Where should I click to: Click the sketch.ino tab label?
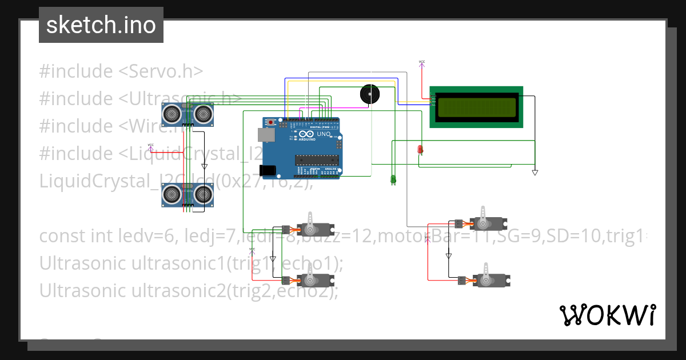coord(101,25)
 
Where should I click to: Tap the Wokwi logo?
coord(607,315)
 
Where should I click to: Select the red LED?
coord(420,150)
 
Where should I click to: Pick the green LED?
coord(393,179)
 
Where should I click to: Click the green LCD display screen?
coord(476,107)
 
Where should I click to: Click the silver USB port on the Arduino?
coord(265,134)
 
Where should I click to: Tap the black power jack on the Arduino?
coord(266,170)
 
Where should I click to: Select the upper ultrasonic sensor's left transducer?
coord(171,115)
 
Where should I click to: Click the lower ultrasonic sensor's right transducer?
coord(202,195)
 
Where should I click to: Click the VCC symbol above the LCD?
coord(422,62)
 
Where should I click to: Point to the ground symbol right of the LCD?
coord(535,171)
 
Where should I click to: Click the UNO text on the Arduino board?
coord(323,134)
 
